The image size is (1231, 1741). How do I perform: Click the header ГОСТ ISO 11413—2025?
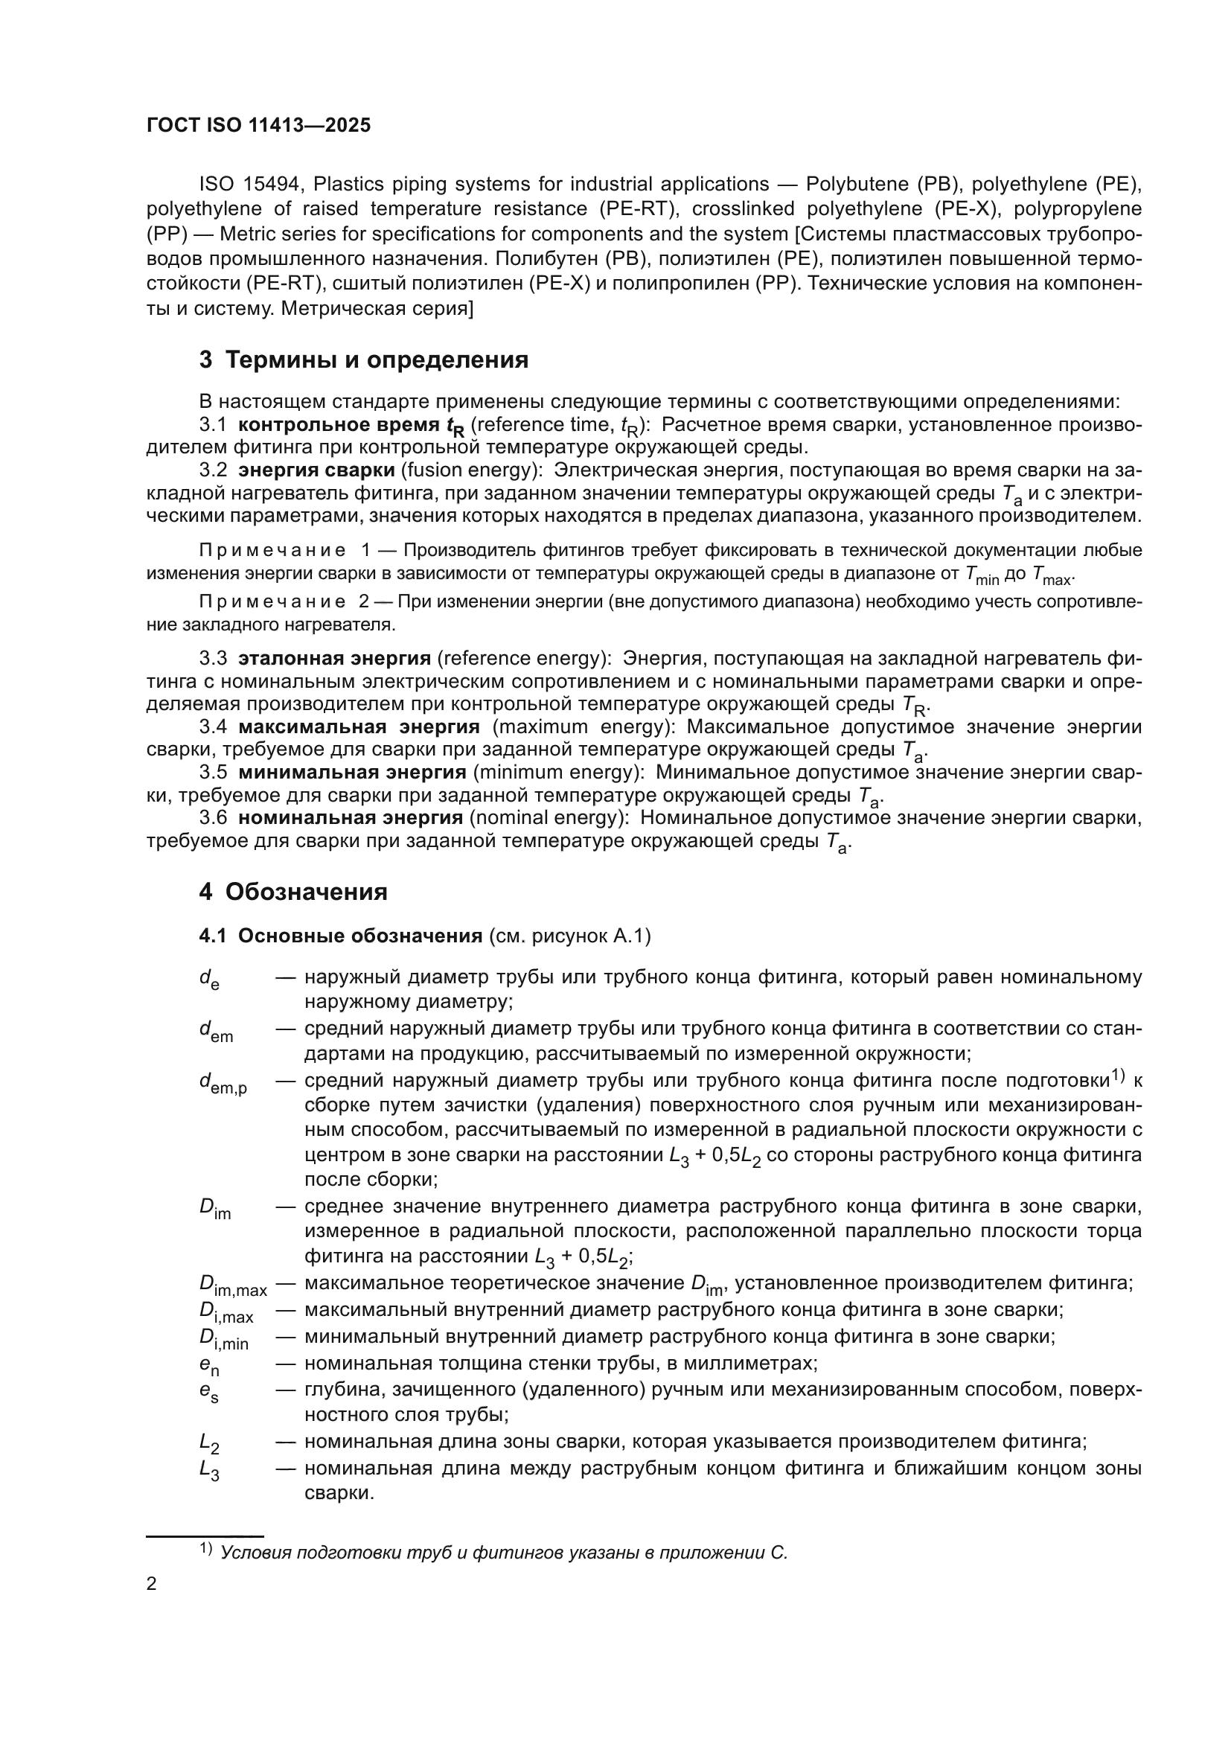tap(258, 126)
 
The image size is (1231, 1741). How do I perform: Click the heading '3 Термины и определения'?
tap(364, 360)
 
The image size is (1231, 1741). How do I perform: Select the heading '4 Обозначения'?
tap(293, 892)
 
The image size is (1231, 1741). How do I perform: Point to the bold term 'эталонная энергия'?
tap(334, 657)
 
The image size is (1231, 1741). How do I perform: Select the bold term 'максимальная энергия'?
tap(359, 726)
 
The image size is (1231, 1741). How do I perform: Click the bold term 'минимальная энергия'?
tap(352, 772)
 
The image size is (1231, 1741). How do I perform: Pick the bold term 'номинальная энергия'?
tap(351, 817)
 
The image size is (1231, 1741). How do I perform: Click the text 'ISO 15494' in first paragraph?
tap(251, 185)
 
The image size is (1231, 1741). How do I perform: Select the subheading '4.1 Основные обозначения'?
tap(340, 936)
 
